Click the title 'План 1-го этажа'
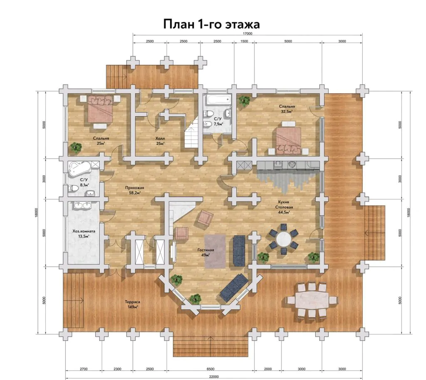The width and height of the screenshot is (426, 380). pyautogui.click(x=211, y=24)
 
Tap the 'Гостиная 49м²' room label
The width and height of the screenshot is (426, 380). pyautogui.click(x=206, y=253)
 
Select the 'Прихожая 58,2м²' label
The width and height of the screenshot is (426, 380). pyautogui.click(x=134, y=190)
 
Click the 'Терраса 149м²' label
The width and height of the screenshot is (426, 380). pyautogui.click(x=132, y=304)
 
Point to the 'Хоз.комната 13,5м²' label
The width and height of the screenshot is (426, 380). pyautogui.click(x=84, y=234)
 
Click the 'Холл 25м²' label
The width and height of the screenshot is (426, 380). pyautogui.click(x=160, y=141)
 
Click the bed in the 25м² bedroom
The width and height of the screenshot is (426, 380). pyautogui.click(x=100, y=109)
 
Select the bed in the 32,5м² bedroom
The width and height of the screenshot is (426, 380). pyautogui.click(x=289, y=141)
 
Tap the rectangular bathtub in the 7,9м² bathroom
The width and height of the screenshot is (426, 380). pyautogui.click(x=218, y=99)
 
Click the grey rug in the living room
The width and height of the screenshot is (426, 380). pyautogui.click(x=215, y=251)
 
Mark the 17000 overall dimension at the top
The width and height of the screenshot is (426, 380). pyautogui.click(x=248, y=34)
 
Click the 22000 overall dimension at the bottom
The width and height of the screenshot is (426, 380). pyautogui.click(x=214, y=377)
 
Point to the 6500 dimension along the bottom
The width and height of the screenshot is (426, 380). pyautogui.click(x=211, y=369)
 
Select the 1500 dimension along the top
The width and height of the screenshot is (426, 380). pyautogui.click(x=244, y=41)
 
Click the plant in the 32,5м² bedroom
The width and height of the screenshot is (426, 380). pyautogui.click(x=244, y=101)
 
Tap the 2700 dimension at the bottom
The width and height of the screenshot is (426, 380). pyautogui.click(x=84, y=369)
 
